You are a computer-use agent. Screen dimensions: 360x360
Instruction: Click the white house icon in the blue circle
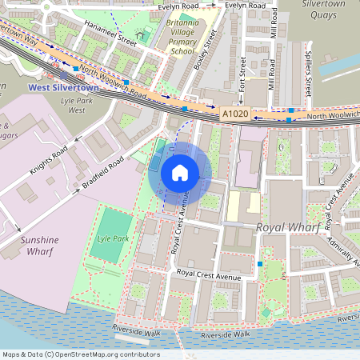pyautogui.click(x=180, y=172)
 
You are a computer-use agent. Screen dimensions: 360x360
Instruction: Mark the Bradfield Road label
pyautogui.click(x=102, y=172)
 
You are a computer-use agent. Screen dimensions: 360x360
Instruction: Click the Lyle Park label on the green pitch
pyautogui.click(x=113, y=238)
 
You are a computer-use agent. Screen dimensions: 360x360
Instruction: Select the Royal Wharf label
pyautogui.click(x=287, y=228)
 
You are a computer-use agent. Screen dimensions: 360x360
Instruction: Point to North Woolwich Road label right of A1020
pyautogui.click(x=327, y=118)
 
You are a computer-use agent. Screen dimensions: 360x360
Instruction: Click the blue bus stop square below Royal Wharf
pyautogui.click(x=260, y=262)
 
